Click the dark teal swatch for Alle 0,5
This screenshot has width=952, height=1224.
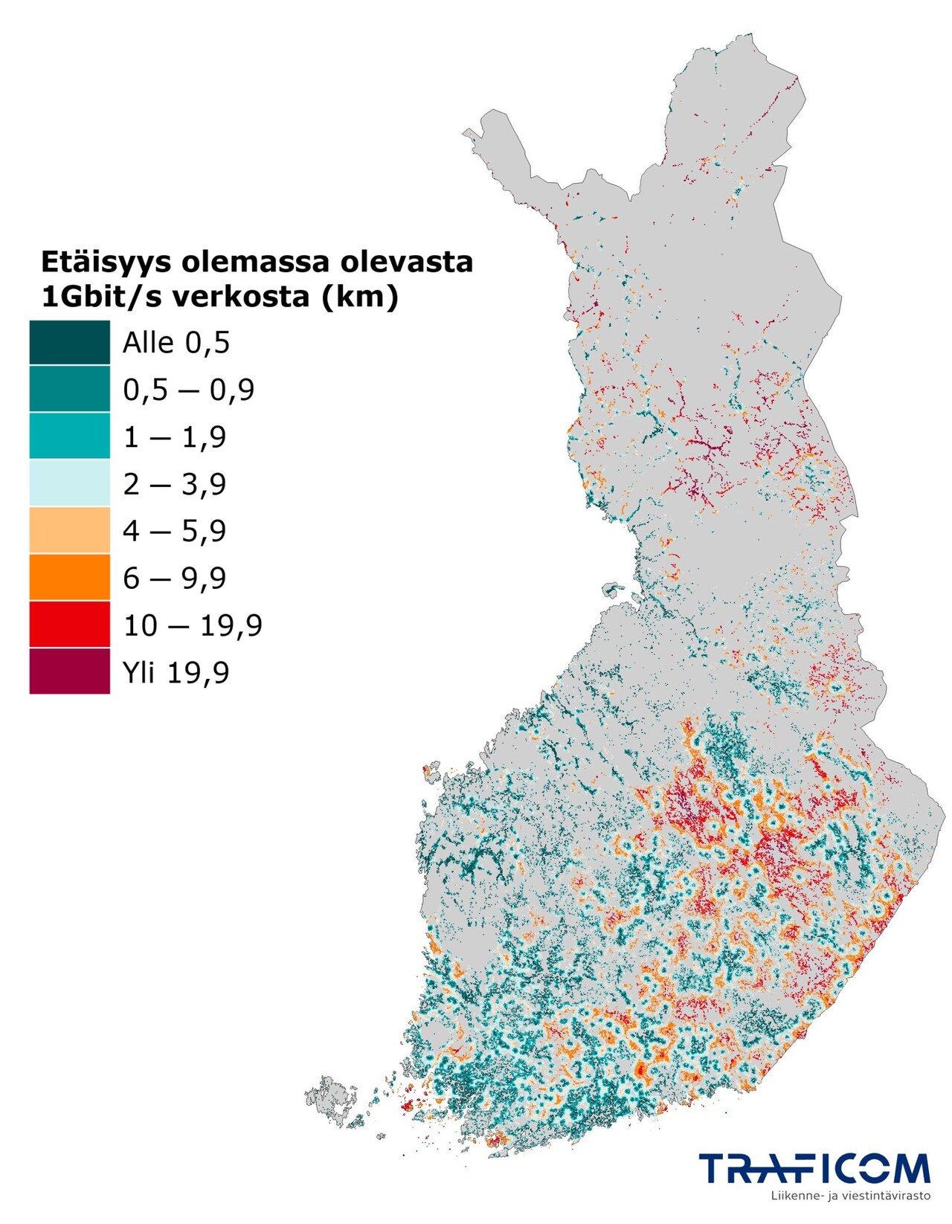(x=69, y=342)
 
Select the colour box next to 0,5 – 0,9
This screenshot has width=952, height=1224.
(x=69, y=389)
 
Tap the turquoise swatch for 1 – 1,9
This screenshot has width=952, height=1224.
(x=69, y=437)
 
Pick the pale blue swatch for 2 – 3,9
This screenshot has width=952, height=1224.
(x=69, y=483)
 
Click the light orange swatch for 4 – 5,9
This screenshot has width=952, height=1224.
(x=69, y=530)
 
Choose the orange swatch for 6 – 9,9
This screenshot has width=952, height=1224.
(x=69, y=577)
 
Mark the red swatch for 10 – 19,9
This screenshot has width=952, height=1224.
(x=69, y=625)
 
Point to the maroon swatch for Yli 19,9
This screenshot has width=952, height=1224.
(x=69, y=671)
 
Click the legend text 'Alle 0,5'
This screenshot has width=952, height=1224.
(x=176, y=343)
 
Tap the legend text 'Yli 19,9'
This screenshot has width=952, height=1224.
(x=176, y=672)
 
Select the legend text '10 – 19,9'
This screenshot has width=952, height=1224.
(x=193, y=625)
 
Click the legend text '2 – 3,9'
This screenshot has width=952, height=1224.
(x=175, y=484)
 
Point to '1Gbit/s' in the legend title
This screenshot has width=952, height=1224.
(x=100, y=297)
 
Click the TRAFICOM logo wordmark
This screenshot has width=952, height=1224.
(x=814, y=1168)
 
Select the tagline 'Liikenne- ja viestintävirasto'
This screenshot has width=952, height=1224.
(x=851, y=1196)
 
